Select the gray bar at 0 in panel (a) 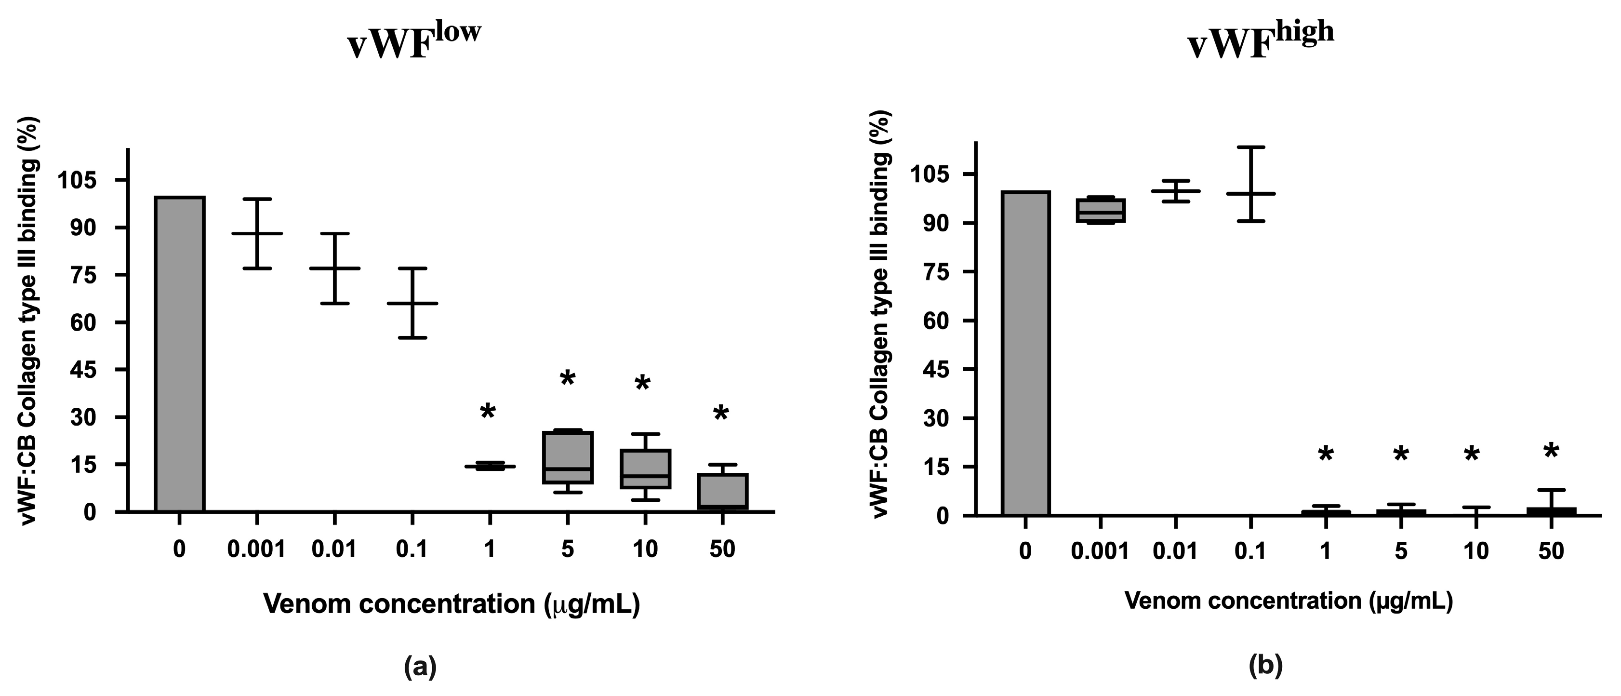179,354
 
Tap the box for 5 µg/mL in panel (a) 568,457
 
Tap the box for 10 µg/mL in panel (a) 645,469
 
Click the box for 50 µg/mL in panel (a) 722,491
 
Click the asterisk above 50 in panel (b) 1551,452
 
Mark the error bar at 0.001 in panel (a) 257,233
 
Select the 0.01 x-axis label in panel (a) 334,549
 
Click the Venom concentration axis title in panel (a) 451,603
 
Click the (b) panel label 1265,666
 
